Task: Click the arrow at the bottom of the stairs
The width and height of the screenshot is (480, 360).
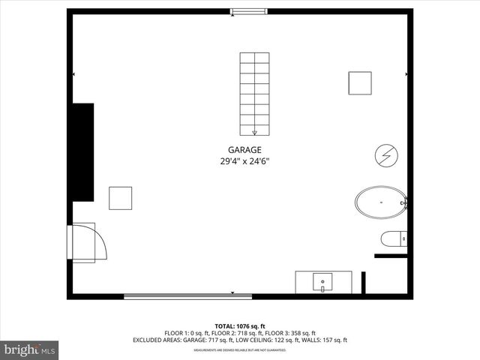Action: [254, 132]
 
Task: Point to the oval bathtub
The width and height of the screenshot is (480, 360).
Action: [380, 202]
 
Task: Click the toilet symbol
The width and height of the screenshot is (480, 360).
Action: [394, 240]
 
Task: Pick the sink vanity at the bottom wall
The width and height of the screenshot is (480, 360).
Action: [324, 283]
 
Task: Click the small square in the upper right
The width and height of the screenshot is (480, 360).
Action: [359, 83]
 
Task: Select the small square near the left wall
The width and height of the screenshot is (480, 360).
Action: [120, 198]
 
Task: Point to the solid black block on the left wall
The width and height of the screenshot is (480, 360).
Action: [82, 151]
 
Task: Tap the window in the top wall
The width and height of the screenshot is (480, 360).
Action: [243, 11]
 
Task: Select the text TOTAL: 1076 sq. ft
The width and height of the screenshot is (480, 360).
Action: [239, 326]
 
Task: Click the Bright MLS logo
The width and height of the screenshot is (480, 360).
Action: [29, 349]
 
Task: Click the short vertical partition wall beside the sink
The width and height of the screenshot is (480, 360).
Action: [364, 283]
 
